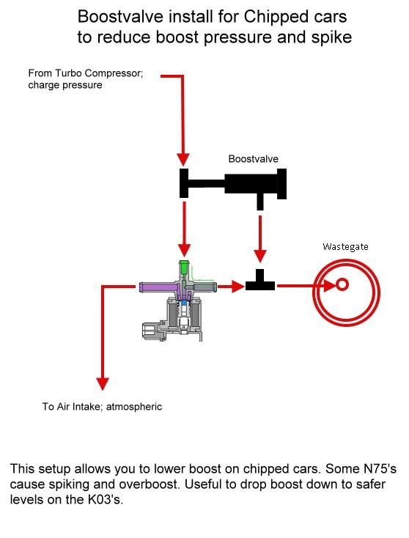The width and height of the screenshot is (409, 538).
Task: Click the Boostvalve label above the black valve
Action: [x=253, y=159]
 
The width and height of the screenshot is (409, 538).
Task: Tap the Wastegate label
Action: [x=345, y=247]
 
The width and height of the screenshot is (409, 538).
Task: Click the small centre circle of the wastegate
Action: [x=342, y=284]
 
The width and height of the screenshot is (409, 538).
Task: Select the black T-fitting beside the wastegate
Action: [x=260, y=280]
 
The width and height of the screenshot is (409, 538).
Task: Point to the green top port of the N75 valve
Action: [x=184, y=270]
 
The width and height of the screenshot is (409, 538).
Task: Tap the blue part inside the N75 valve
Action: [x=185, y=302]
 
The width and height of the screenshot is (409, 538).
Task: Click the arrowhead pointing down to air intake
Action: [x=103, y=384]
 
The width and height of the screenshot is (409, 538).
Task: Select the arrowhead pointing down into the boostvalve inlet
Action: [x=183, y=160]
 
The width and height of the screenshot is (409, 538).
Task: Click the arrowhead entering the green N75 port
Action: [x=184, y=251]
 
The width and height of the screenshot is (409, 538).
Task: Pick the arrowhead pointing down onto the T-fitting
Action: [x=260, y=257]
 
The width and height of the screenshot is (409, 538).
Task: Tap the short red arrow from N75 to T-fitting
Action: [x=231, y=286]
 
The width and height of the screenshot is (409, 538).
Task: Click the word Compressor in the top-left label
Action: [x=113, y=73]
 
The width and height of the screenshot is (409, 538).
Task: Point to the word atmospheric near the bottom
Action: [x=134, y=407]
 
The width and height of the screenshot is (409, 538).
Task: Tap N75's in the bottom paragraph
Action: [x=380, y=468]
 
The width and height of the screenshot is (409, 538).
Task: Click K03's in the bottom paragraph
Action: [x=105, y=499]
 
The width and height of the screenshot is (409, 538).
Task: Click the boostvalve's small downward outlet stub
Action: [x=260, y=202]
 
